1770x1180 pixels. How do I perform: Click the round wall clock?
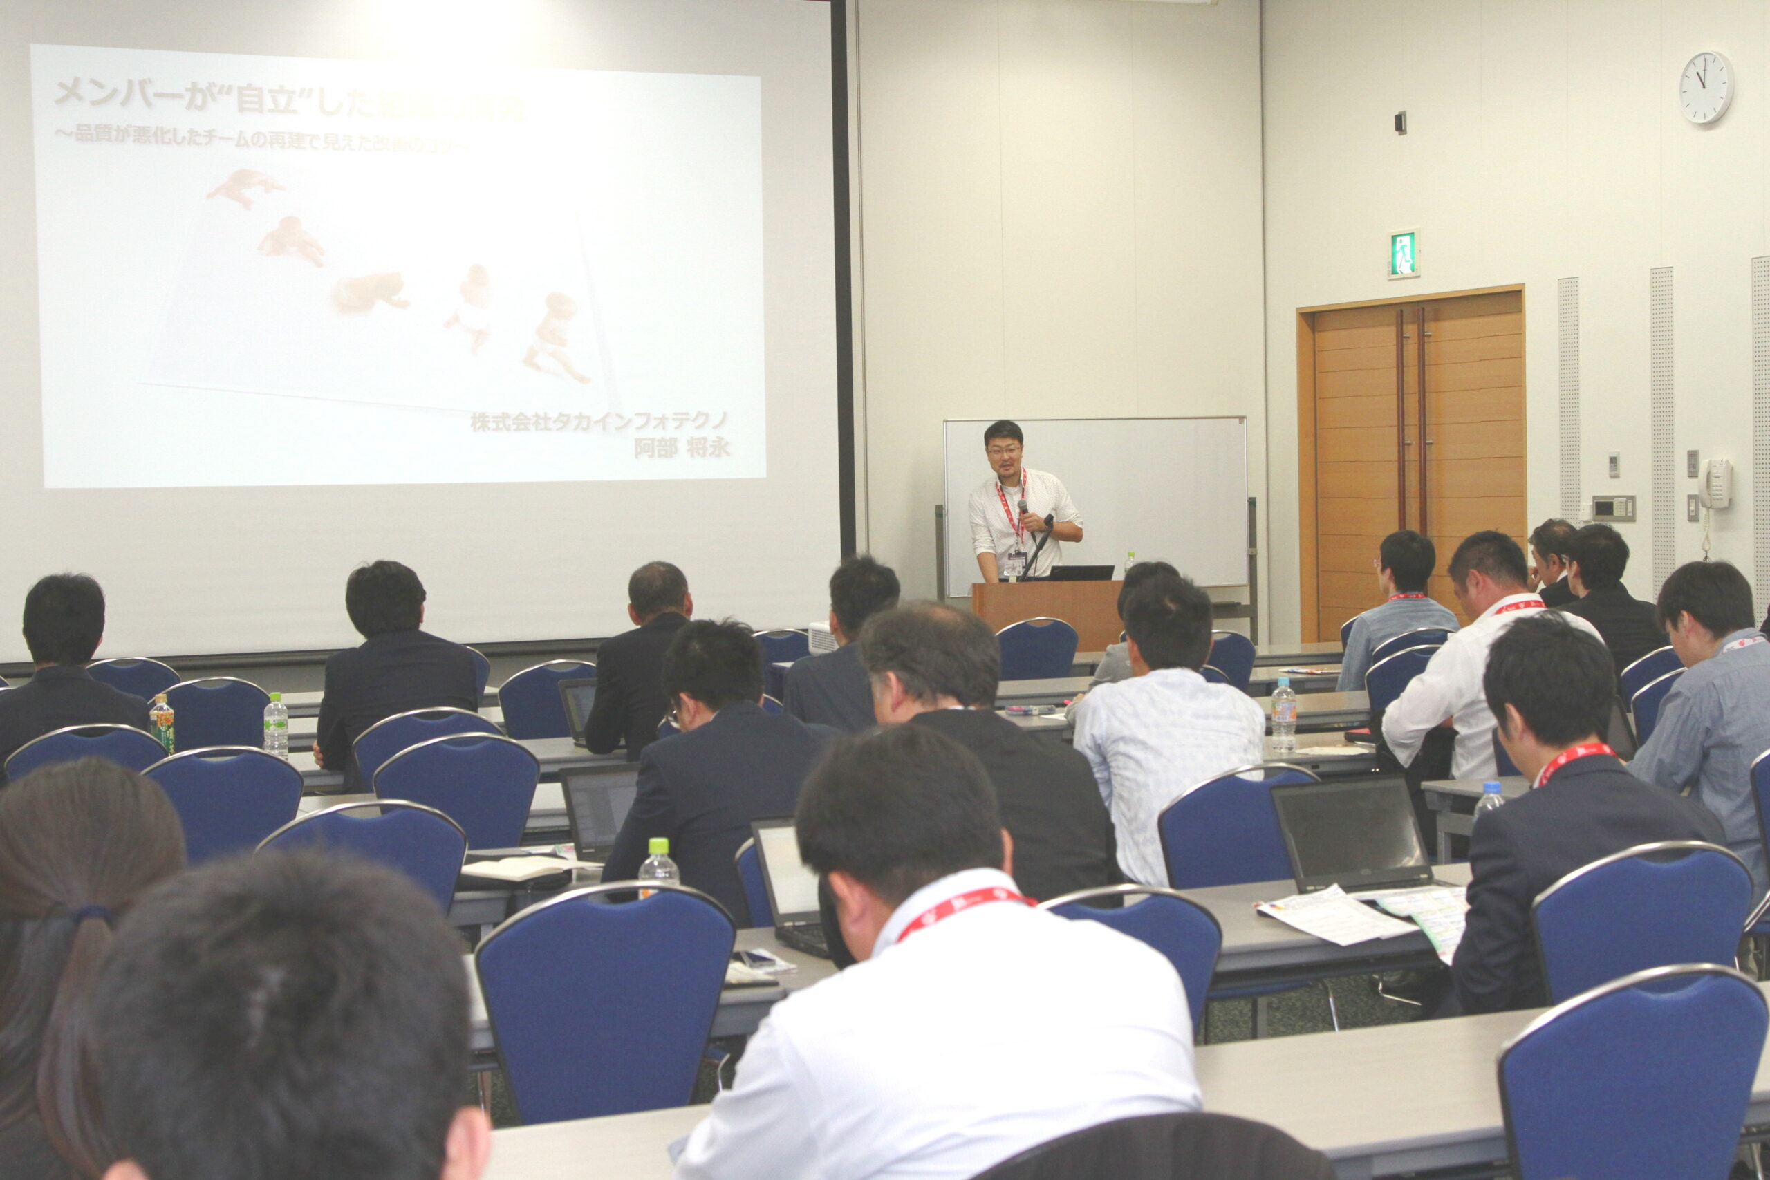tap(1705, 87)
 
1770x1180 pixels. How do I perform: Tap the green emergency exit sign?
tap(1403, 254)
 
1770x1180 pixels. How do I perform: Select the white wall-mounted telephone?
tap(1716, 483)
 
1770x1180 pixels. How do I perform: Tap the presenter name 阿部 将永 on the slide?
tap(682, 448)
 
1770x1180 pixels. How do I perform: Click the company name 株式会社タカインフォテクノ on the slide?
tap(599, 422)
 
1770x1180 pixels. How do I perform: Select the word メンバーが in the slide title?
tap(120, 93)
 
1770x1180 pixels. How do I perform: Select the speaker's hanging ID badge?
tap(1014, 562)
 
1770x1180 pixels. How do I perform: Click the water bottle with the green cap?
tap(658, 866)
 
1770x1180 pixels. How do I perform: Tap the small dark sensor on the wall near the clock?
tap(1399, 122)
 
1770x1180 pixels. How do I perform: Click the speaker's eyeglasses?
tap(1005, 451)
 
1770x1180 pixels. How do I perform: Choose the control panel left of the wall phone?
tap(1614, 508)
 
